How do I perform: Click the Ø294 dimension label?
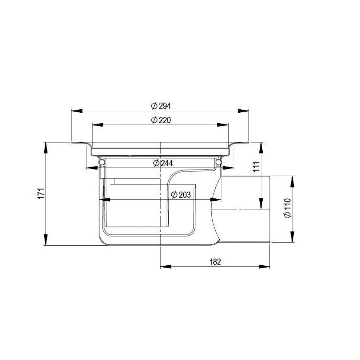pos(161,106)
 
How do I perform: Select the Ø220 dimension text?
pos(161,120)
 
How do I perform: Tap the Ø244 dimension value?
pos(163,163)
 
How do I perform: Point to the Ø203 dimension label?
pos(181,195)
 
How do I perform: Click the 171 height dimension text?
pos(41,194)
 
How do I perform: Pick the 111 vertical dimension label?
pos(256,166)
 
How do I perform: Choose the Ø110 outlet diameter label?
pos(287,208)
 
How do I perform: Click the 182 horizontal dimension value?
pos(215,262)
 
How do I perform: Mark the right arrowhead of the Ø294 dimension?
pos(244,111)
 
